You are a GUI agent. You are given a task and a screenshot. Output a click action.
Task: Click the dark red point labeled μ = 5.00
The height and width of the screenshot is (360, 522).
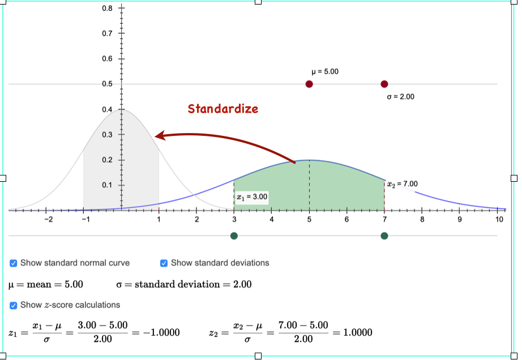coord(309,84)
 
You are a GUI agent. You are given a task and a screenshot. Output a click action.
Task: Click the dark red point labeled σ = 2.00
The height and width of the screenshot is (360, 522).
coord(384,84)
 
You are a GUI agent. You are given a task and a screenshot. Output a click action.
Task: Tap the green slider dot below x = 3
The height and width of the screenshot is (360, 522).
coord(234,236)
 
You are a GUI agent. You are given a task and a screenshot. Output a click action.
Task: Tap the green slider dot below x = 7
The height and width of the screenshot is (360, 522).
coord(384,236)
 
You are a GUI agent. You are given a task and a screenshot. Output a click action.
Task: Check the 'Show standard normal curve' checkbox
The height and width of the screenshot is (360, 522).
coord(13,263)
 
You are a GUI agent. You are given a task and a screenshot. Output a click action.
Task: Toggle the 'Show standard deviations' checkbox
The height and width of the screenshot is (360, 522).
coord(164,263)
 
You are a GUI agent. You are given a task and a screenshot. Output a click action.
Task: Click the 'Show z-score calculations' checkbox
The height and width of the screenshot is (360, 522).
coord(13,305)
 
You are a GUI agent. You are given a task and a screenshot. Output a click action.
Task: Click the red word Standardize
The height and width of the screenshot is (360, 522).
coord(223,109)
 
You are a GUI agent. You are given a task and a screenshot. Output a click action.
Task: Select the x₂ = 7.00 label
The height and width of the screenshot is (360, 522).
coord(403,184)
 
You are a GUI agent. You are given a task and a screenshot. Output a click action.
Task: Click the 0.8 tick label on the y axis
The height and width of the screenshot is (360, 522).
coord(107,8)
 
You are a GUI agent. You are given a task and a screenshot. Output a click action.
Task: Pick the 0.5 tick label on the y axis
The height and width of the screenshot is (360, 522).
coord(107,84)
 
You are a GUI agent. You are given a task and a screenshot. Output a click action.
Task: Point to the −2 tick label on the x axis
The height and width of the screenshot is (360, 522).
coord(48,220)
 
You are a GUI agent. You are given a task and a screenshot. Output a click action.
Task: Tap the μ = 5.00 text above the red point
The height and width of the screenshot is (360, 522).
coord(325,72)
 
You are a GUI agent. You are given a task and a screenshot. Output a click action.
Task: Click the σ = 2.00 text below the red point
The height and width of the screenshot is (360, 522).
coord(400,97)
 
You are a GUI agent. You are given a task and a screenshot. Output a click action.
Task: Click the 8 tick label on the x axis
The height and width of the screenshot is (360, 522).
coord(422,220)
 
